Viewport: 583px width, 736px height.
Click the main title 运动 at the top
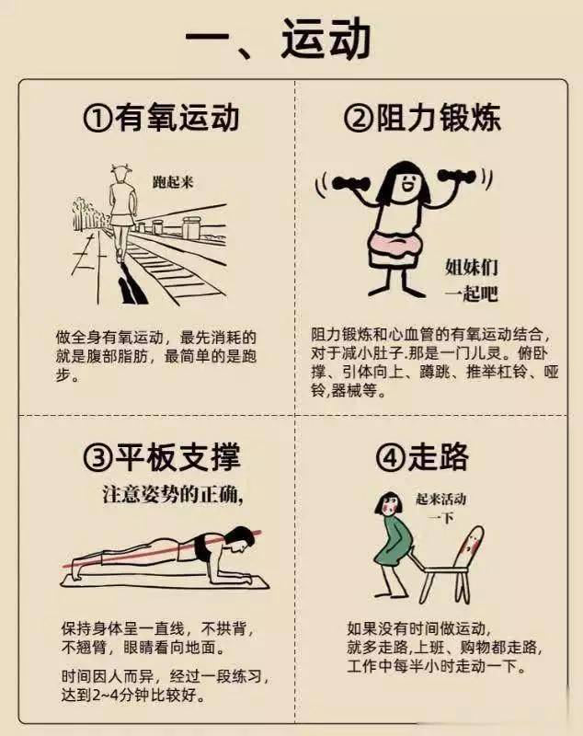pos(326,39)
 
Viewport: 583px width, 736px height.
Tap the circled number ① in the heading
pos(98,119)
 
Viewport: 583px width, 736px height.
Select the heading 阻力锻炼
pos(439,118)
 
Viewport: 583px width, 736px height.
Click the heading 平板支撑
pos(177,455)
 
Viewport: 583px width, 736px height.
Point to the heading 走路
pos(438,455)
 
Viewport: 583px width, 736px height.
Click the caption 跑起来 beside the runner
pos(173,181)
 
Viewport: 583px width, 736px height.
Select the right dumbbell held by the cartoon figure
pos(456,178)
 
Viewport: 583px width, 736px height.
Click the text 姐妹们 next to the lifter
pos(472,268)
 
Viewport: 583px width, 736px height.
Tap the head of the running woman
pos(120,174)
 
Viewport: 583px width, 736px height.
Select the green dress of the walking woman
pos(398,540)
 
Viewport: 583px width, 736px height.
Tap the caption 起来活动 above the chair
pos(440,499)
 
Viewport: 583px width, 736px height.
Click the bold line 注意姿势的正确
pos(172,495)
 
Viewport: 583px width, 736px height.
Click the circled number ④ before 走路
pos(391,456)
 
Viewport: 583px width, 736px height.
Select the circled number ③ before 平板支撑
pos(98,456)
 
